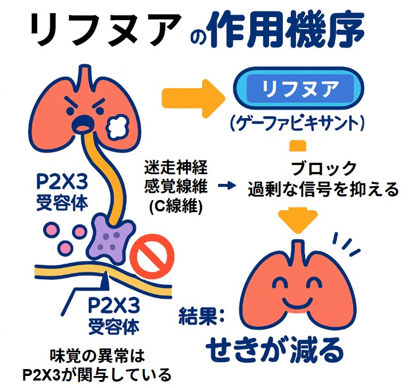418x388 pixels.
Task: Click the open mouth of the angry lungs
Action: coord(85,122)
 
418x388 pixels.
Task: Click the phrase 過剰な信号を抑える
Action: coord(322,190)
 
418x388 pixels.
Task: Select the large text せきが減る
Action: coord(275,348)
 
